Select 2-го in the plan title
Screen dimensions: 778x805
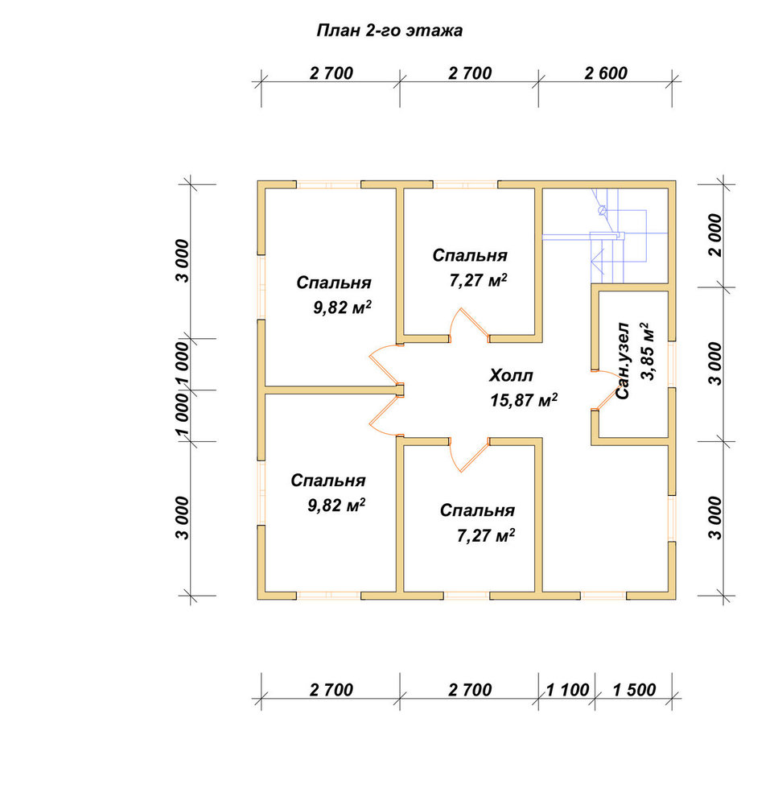[x=383, y=31]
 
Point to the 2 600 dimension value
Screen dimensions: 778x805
[x=606, y=73]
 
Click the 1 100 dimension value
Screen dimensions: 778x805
[x=567, y=690]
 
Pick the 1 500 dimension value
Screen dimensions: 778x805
[x=634, y=690]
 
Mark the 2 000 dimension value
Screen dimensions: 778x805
[x=714, y=235]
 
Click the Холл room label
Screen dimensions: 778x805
[x=511, y=375]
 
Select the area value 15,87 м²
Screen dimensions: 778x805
[x=524, y=400]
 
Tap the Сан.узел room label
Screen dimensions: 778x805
[x=622, y=361]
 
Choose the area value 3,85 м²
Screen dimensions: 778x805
[x=648, y=351]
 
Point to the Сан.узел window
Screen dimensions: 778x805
[x=672, y=364]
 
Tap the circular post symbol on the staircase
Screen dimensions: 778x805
[x=602, y=210]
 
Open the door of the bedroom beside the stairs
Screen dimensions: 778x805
[x=468, y=324]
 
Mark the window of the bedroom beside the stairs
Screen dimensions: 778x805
[x=466, y=184]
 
